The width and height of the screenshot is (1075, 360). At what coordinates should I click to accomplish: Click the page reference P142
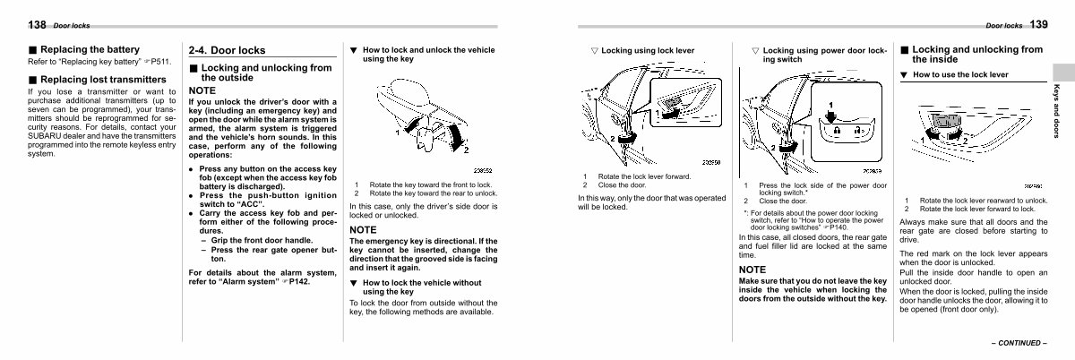click(x=299, y=281)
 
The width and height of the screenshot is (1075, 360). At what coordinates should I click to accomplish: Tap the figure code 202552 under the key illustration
click(x=483, y=170)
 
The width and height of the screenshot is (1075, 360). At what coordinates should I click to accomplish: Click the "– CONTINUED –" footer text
click(x=1018, y=342)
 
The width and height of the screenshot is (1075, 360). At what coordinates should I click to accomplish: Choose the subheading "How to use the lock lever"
click(x=959, y=74)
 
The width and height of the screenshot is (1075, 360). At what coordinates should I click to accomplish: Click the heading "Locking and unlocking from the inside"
click(x=976, y=55)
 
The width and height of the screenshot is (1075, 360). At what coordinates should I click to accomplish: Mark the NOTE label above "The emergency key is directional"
click(x=363, y=230)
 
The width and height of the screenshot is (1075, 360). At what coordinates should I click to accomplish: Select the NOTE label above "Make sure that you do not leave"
click(x=752, y=269)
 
